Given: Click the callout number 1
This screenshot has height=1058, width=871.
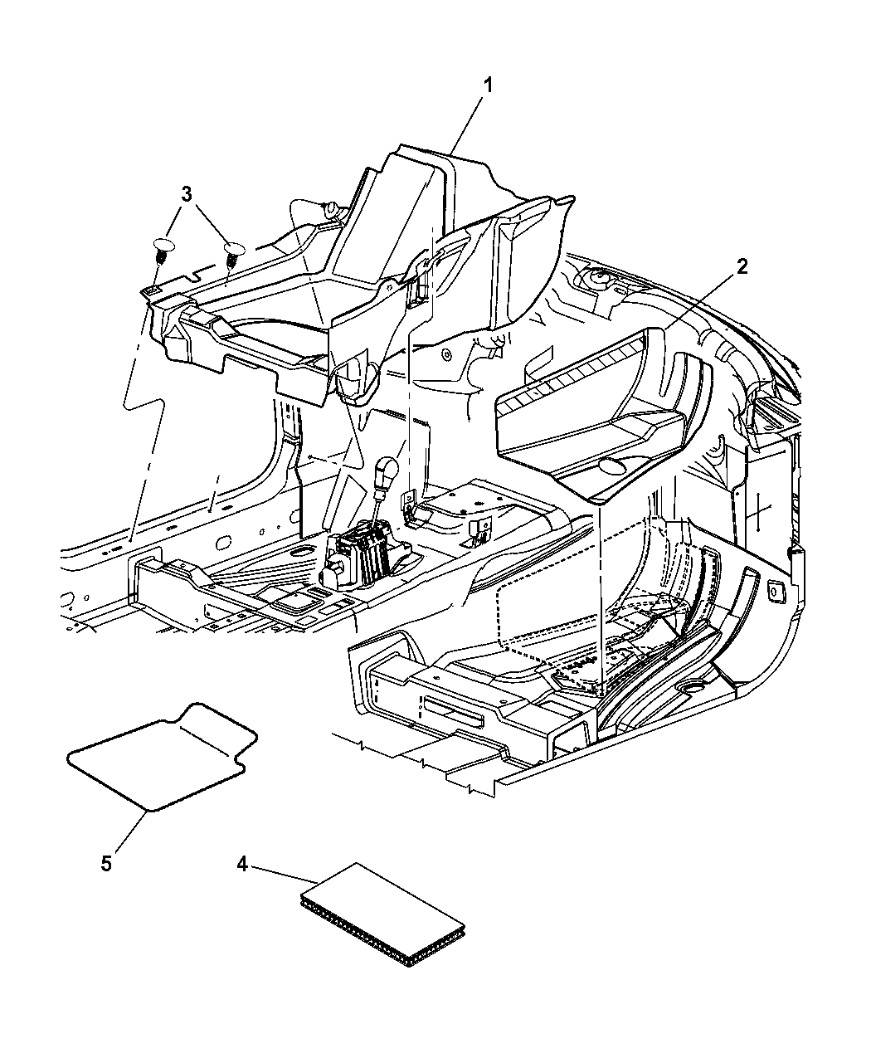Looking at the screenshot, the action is click(x=487, y=86).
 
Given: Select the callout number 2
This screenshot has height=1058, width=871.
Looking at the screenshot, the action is click(x=742, y=266).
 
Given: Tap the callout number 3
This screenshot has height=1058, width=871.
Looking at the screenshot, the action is click(x=187, y=193).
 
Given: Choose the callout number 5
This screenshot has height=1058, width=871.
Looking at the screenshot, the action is click(x=106, y=864).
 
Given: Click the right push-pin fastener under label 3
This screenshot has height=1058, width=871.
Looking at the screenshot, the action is click(x=234, y=255).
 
